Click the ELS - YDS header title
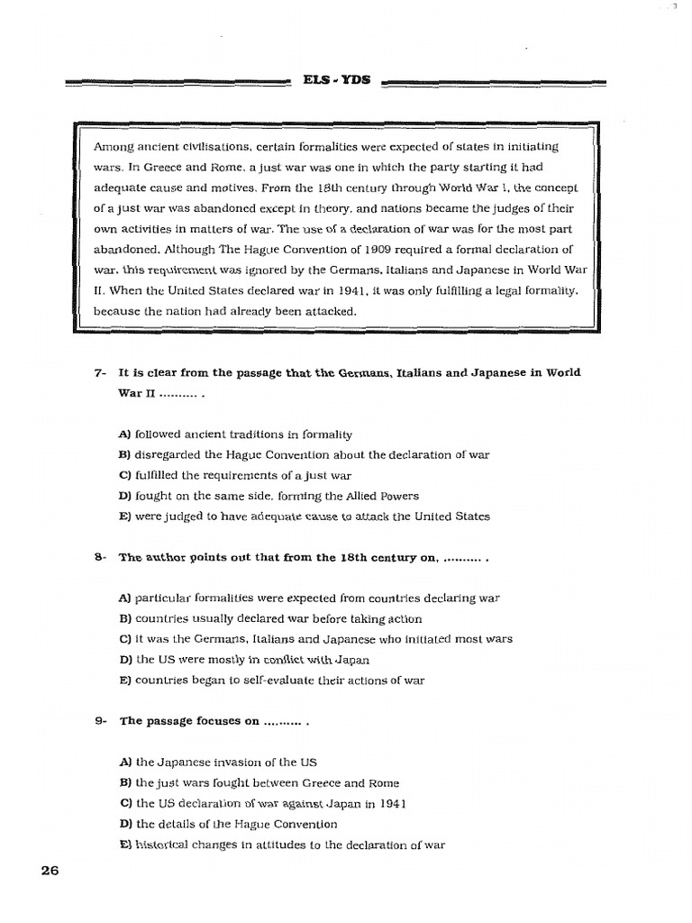(338, 81)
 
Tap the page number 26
(50, 871)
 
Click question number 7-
(100, 373)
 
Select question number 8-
(100, 558)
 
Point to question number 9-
(100, 722)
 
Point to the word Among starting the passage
(113, 146)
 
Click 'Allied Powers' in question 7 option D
(379, 496)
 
